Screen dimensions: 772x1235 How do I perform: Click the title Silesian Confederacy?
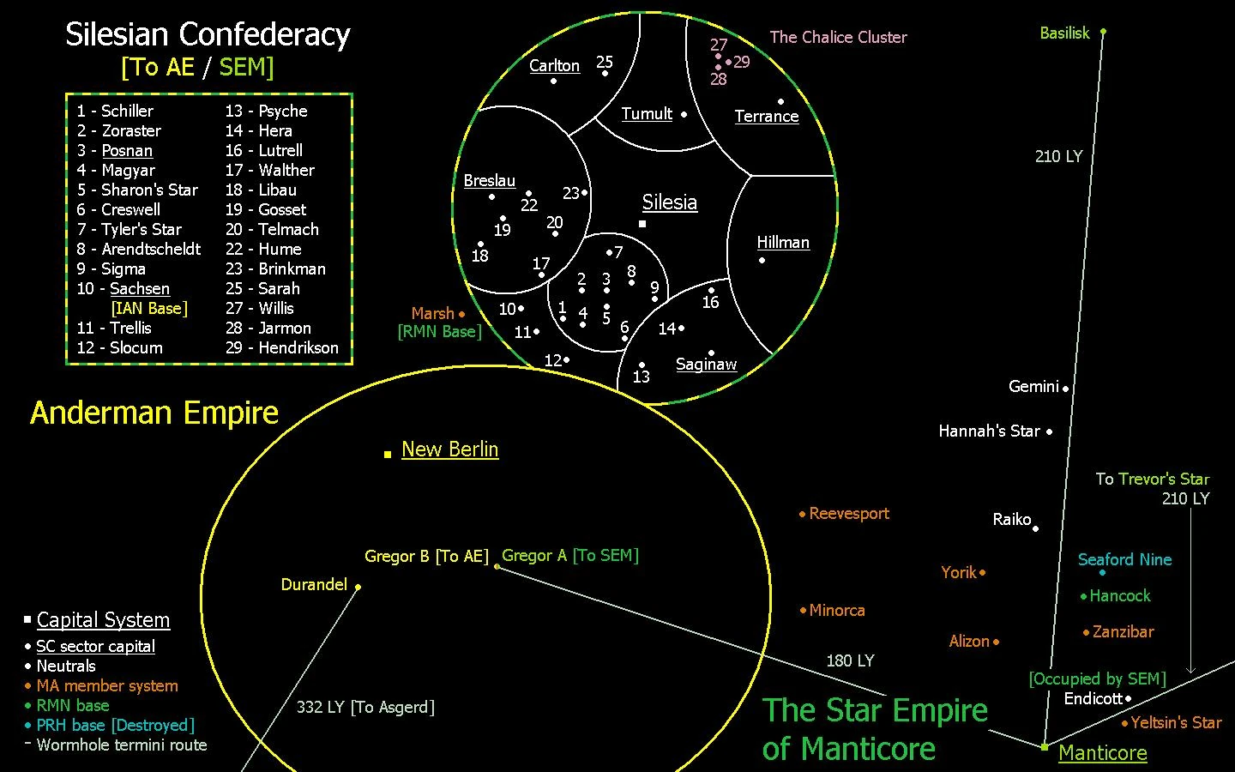[208, 35]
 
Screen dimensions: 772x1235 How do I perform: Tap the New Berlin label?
[449, 449]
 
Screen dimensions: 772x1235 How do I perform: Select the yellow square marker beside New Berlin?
[388, 454]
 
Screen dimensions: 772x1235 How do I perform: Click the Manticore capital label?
[1102, 752]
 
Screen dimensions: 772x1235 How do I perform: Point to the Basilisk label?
[1064, 33]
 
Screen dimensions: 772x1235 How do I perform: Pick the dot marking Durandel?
[358, 587]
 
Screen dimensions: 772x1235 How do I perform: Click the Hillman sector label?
[783, 242]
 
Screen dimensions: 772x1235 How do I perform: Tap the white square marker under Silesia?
[642, 224]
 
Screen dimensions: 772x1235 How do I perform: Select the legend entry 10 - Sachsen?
[123, 288]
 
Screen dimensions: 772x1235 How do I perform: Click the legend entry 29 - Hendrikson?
[281, 347]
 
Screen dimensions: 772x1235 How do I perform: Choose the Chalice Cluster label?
[838, 37]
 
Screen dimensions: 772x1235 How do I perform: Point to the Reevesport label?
[849, 513]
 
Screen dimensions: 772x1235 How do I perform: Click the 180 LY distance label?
[850, 660]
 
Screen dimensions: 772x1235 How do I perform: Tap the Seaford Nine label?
[1124, 559]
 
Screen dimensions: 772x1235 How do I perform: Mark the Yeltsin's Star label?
[1176, 722]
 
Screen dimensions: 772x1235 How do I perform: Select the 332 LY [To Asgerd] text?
[365, 707]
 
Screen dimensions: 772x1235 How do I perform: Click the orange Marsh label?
[432, 313]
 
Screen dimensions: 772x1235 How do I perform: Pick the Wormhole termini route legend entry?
[122, 745]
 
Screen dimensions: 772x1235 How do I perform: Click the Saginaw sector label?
[706, 364]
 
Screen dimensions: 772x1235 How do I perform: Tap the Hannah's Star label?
[989, 431]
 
